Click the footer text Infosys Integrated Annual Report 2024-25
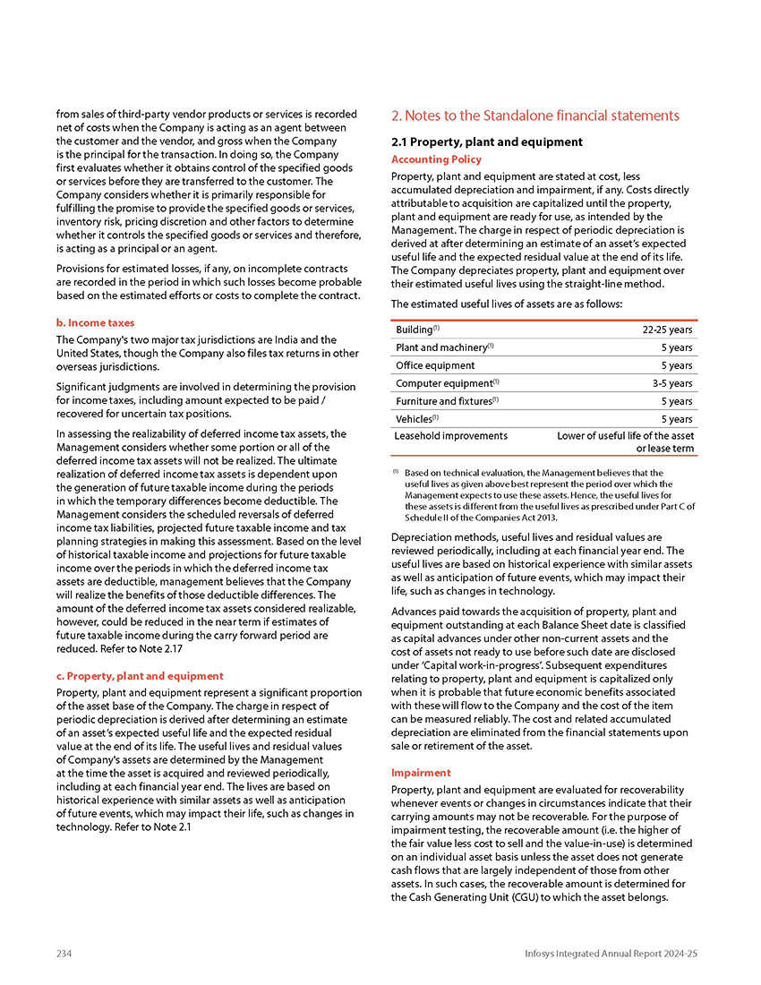coord(611,954)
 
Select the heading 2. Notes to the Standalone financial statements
coord(535,116)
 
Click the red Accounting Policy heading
coord(437,159)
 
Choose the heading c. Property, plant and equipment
coord(140,675)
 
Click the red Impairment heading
coord(421,772)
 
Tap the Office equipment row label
coord(436,365)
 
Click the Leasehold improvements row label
coord(451,436)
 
